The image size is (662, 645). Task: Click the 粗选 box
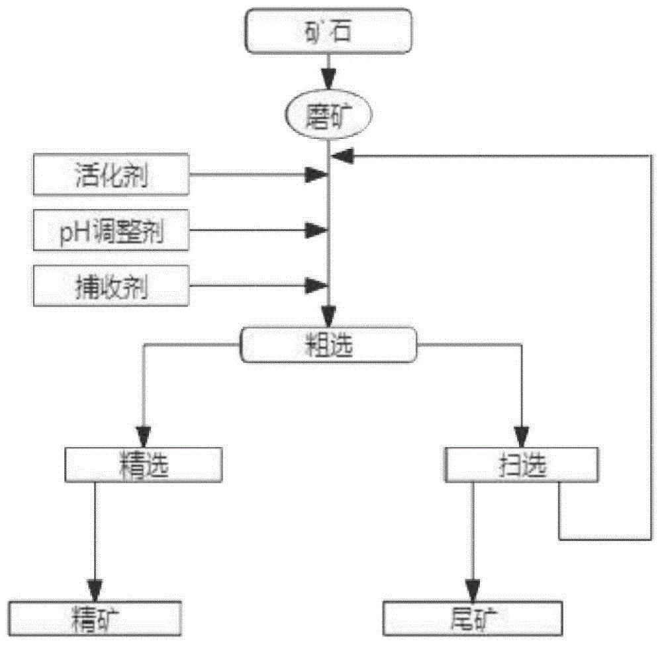click(x=329, y=345)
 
